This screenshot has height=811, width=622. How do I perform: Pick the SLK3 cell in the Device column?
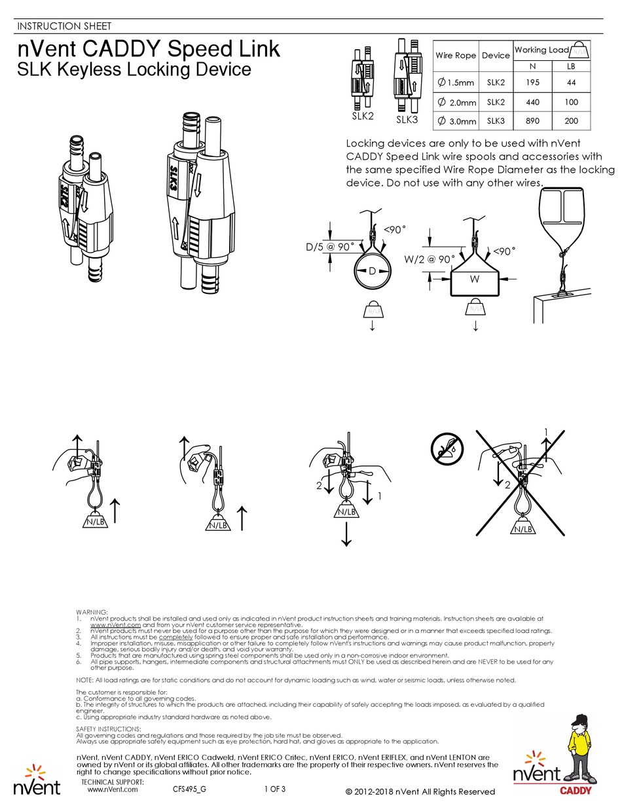(x=496, y=120)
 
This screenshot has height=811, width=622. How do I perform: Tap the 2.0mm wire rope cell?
(x=456, y=102)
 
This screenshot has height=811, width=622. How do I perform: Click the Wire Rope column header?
(x=456, y=55)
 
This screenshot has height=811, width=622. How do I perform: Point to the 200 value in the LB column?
(x=570, y=120)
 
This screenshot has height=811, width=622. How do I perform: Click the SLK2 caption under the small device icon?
(x=362, y=116)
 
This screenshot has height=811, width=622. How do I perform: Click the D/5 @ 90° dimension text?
(x=329, y=247)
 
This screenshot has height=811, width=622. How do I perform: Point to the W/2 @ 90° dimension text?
(x=429, y=259)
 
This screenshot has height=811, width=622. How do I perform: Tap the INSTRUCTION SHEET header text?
(x=63, y=26)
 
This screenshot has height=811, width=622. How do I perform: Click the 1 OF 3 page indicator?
(x=274, y=789)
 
